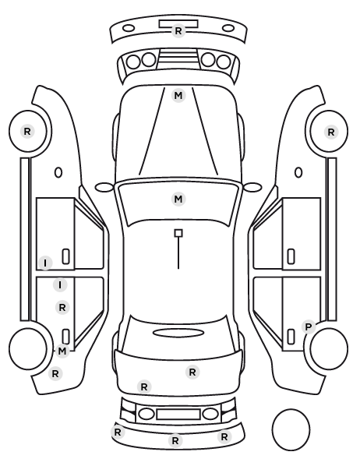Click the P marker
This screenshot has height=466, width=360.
[309, 327]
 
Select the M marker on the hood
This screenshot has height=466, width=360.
[178, 96]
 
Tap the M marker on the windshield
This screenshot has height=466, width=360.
[178, 199]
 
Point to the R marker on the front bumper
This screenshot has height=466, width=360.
[178, 31]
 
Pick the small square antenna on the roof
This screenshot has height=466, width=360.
[178, 233]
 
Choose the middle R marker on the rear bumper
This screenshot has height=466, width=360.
[175, 440]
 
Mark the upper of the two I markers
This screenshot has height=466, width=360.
[45, 263]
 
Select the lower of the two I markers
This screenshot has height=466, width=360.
[60, 285]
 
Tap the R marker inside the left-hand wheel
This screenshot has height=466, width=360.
[27, 132]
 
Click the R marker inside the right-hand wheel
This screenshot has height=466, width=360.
[331, 132]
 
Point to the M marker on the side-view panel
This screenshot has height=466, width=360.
[62, 351]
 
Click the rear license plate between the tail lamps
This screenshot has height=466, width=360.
[178, 415]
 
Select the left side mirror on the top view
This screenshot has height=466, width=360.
[104, 187]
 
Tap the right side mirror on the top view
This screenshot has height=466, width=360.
[252, 187]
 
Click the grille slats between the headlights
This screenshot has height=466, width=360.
[178, 58]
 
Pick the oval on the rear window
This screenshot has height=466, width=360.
[178, 333]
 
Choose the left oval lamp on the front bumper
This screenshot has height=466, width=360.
[129, 29]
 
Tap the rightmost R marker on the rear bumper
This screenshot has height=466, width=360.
[224, 436]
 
